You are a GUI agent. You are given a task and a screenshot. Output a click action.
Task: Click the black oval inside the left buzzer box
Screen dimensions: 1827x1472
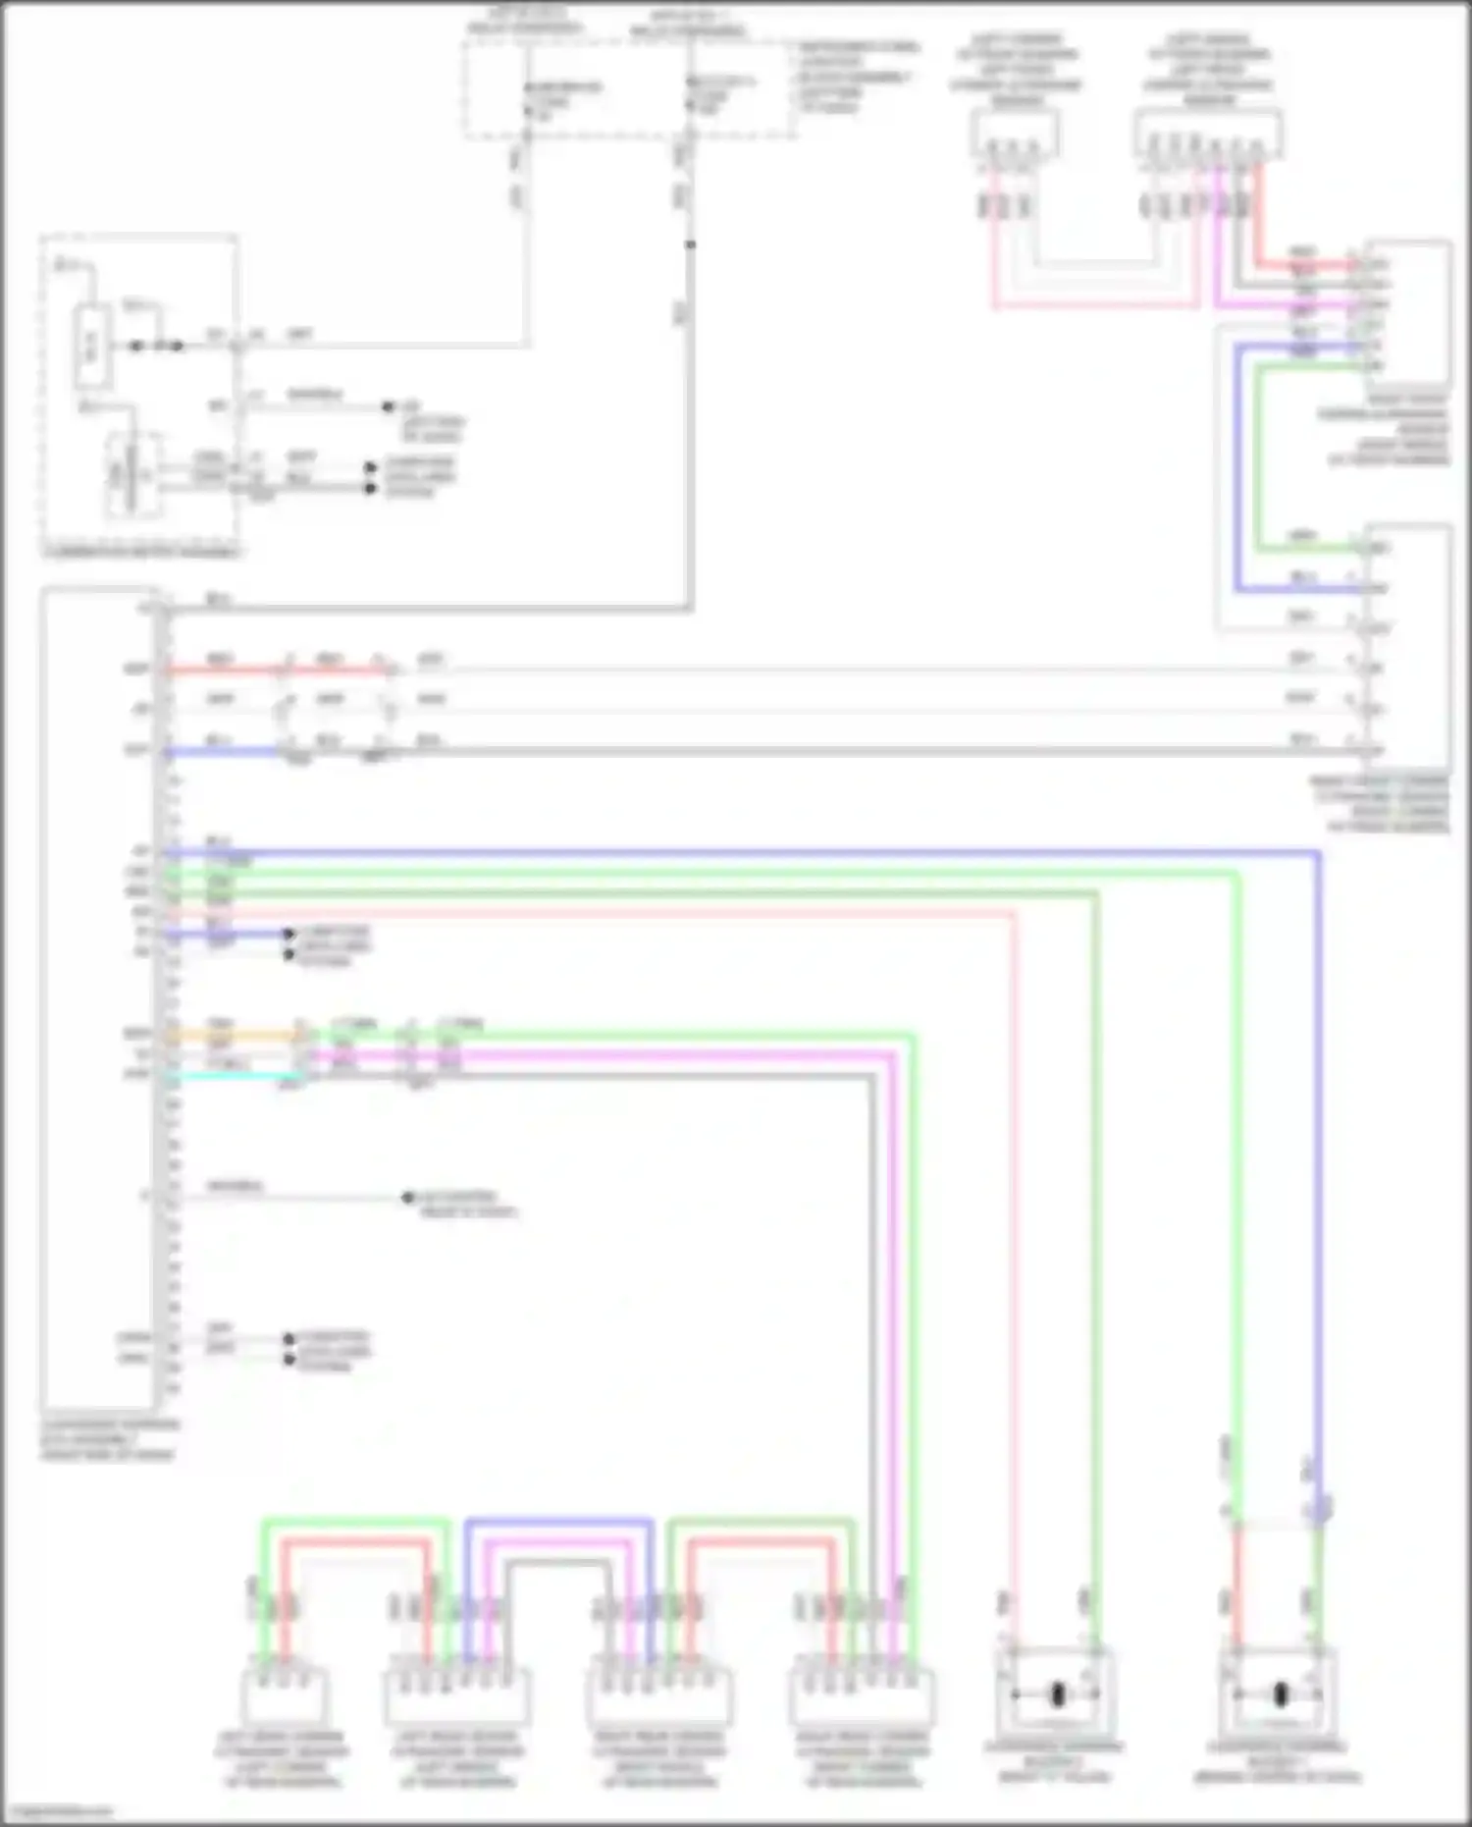click(1058, 1694)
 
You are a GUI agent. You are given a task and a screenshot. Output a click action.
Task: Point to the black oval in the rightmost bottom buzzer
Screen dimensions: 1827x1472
click(1281, 1694)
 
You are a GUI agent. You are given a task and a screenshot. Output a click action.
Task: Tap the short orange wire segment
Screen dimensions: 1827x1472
click(236, 1035)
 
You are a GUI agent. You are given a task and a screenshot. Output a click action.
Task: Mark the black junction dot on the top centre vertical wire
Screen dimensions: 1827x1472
click(691, 244)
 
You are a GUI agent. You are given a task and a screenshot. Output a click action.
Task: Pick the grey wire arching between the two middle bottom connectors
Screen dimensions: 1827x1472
click(558, 1561)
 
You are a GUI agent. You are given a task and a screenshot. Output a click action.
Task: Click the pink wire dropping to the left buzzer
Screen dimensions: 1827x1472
click(1015, 1276)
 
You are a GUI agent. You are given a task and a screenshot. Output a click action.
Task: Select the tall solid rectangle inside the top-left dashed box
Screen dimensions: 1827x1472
click(92, 348)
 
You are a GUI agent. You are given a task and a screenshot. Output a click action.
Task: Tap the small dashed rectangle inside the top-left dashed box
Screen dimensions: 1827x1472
click(133, 474)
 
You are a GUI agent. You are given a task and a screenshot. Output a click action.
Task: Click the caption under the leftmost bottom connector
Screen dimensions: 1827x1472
click(283, 1758)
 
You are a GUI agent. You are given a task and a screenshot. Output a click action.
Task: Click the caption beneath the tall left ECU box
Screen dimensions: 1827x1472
click(109, 1439)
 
